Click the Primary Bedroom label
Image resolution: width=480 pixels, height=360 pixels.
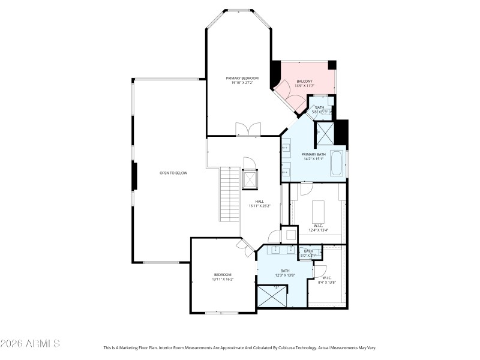coord(242,80)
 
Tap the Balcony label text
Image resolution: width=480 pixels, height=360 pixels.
coord(304,83)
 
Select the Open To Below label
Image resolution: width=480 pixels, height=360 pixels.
coord(173,173)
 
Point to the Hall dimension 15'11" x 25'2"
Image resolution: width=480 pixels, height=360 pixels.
coord(260,206)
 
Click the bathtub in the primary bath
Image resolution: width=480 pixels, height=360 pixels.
coord(337,164)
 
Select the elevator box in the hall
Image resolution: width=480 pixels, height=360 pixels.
coord(249,179)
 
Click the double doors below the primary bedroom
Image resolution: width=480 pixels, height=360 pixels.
coord(248,130)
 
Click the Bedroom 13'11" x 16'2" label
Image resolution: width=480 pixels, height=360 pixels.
coord(222,277)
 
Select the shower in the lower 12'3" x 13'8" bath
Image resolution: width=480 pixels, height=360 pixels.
coord(272,297)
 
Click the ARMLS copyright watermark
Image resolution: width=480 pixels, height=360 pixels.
coord(30,344)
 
